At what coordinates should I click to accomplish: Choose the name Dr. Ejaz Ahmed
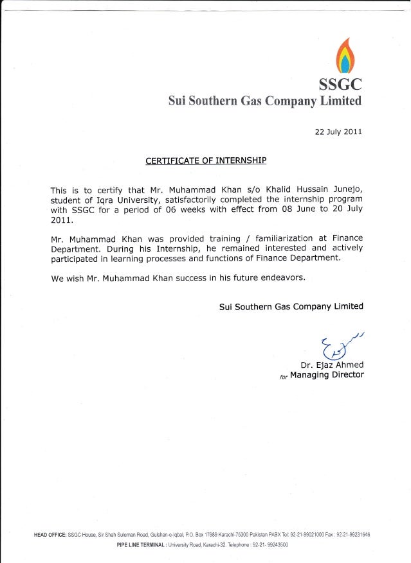(332, 365)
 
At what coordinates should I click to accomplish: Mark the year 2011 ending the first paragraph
(62, 220)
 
